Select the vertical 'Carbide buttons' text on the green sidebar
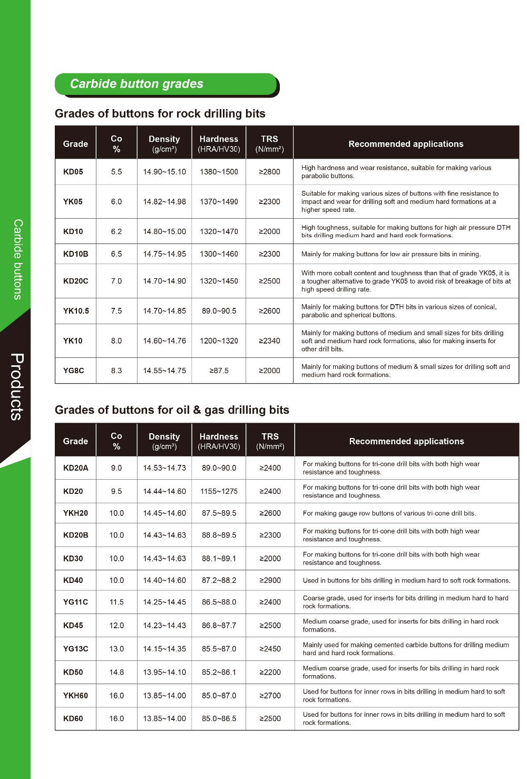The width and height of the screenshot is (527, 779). pos(18,259)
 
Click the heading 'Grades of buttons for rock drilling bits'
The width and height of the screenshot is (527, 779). pos(160,114)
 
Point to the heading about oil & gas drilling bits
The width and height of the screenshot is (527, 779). pos(172,410)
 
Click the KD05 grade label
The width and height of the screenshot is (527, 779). pos(73,172)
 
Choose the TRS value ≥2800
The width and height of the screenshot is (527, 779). pos(269,172)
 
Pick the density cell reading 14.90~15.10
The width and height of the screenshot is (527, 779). pos(164,172)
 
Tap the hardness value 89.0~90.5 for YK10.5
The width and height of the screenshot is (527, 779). pos(219,311)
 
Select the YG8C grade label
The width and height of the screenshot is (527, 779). pos(73,371)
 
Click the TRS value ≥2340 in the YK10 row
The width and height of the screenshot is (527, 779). pos(269,341)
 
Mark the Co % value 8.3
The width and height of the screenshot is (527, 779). pos(116,371)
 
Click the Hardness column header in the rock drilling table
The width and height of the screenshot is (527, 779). pos(219,143)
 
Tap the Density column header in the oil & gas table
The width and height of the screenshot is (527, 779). pos(164,441)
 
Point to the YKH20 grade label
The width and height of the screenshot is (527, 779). pos(75,513)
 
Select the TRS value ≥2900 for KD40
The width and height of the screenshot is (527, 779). pos(270,580)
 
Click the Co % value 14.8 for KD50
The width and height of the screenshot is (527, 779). pos(116,672)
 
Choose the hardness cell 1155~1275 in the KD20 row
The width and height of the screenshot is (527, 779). pos(219,491)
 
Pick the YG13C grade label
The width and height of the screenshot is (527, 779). pos(75,649)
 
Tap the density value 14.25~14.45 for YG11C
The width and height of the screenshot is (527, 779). pos(164,602)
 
